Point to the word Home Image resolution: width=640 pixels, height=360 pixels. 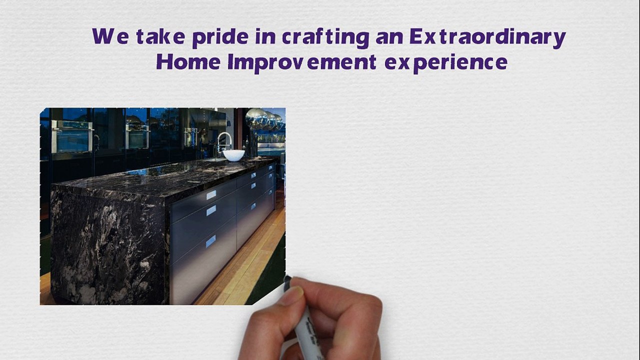pos(188,62)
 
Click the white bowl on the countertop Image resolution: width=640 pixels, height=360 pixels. pos(233,155)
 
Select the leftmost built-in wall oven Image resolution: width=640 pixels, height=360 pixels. pos(72,135)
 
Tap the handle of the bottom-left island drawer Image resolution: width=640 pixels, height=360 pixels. pos(211,241)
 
